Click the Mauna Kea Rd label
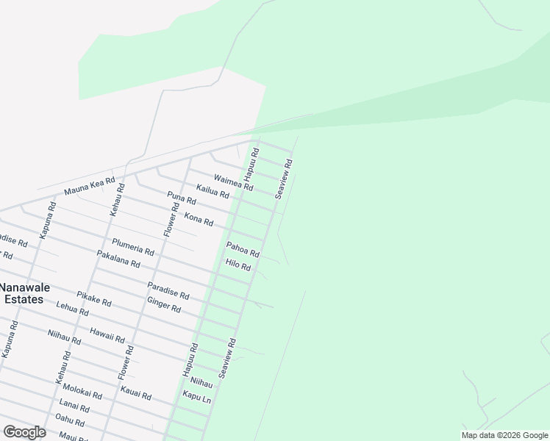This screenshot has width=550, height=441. coord(90,186)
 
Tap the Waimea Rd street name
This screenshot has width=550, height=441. coord(233,182)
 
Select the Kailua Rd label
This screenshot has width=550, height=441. coord(213,192)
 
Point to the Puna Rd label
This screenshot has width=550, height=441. coord(181,198)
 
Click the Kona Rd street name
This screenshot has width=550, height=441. coord(199,218)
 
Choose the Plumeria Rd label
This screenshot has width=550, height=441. coord(133,247)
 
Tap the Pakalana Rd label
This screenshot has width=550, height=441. coord(118,259)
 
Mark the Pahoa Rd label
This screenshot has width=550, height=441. coord(243,249)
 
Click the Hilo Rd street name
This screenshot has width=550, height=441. coord(238,265)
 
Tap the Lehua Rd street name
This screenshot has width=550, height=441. coord(72,310)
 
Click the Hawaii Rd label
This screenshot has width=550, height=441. coord(107,335)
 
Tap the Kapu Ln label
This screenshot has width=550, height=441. coord(197,397)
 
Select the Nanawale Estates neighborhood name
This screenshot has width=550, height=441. coord(21,293)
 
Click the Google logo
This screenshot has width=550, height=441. coord(24,432)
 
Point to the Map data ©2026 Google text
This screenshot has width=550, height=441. coord(504,435)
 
